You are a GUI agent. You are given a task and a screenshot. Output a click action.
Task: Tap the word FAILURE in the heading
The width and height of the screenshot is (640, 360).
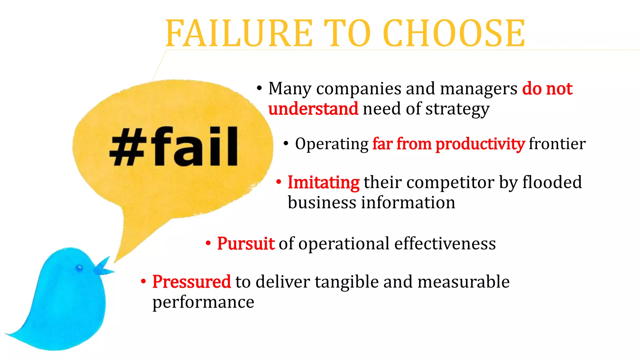pyautogui.click(x=239, y=33)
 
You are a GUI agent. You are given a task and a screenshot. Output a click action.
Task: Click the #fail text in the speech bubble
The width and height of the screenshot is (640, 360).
pyautogui.click(x=174, y=146)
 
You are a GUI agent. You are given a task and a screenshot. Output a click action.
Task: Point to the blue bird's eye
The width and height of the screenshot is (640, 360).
pyautogui.click(x=79, y=268)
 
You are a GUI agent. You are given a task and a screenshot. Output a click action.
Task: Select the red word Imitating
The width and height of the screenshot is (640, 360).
pyautogui.click(x=323, y=182)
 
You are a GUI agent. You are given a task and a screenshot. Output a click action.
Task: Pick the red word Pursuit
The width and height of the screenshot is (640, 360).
pyautogui.click(x=246, y=244)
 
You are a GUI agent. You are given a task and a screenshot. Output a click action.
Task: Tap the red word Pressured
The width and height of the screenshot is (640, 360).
pyautogui.click(x=192, y=282)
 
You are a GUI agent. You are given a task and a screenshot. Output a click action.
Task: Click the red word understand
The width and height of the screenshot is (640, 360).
pyautogui.click(x=313, y=109)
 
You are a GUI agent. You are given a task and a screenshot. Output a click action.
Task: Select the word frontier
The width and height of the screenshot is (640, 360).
pyautogui.click(x=557, y=144)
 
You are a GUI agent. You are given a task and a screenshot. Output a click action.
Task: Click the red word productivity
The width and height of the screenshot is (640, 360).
pyautogui.click(x=480, y=144)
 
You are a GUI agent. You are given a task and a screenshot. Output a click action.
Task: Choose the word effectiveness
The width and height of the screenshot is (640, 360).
pyautogui.click(x=445, y=244)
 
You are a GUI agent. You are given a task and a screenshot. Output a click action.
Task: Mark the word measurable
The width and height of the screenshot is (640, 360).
pyautogui.click(x=463, y=282)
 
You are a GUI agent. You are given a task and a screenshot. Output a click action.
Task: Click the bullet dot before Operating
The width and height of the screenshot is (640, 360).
pyautogui.click(x=286, y=144)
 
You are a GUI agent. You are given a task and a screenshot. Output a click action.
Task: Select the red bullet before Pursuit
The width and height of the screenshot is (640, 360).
pyautogui.click(x=208, y=243)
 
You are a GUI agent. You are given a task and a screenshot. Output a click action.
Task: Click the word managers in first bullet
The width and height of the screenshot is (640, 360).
pyautogui.click(x=478, y=89)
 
